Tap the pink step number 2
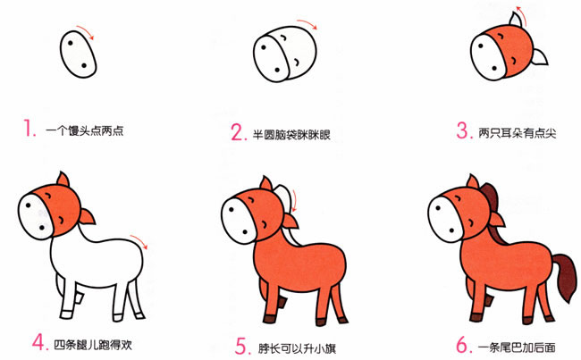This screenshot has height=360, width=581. (x=237, y=133)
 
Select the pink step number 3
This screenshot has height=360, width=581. (x=462, y=131)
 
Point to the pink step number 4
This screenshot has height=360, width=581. (x=38, y=341)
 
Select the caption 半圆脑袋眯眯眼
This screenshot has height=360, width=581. (x=291, y=134)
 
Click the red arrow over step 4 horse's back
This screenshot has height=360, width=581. (x=139, y=239)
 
